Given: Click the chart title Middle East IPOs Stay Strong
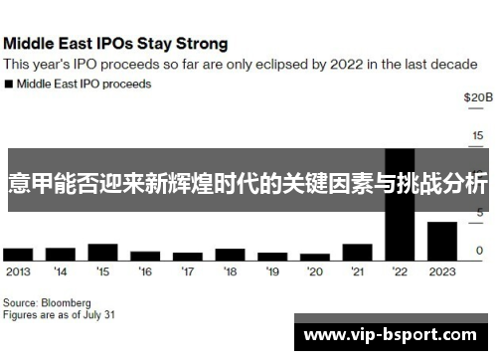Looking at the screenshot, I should tap(115, 44).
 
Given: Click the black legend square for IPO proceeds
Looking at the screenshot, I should tap(8, 85).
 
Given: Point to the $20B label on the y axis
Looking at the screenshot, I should tap(477, 97).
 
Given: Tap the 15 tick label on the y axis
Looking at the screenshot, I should tap(478, 135).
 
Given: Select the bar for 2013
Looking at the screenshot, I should tap(18, 254).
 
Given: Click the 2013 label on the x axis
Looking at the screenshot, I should tap(18, 270).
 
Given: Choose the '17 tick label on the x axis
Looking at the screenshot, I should tap(188, 270).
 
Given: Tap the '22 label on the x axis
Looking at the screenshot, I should tap(400, 270).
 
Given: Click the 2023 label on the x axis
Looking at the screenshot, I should tap(441, 270).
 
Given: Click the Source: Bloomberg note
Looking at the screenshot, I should tap(46, 301).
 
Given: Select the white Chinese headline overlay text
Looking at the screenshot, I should tap(248, 184).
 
